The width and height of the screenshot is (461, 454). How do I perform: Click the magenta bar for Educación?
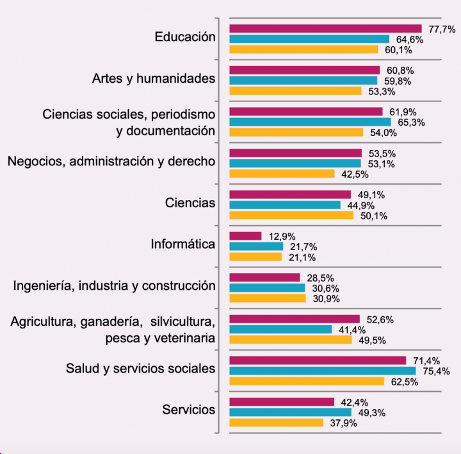point(325,28)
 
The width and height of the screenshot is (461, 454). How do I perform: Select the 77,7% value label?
point(442,29)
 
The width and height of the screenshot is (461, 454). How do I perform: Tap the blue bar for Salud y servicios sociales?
point(322,371)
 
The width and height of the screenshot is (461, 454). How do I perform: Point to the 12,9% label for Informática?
point(282,236)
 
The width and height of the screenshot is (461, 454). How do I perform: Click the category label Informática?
point(183,244)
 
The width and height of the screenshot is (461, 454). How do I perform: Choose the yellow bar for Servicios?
point(276,423)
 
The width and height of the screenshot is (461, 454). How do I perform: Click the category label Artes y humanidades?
point(154,78)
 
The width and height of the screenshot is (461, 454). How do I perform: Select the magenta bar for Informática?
point(245,236)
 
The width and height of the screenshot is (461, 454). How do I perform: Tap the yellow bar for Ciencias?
point(291,215)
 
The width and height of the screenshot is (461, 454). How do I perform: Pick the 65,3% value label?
point(411,122)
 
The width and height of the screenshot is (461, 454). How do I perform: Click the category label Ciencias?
point(190,203)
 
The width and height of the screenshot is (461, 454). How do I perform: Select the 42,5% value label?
point(355,174)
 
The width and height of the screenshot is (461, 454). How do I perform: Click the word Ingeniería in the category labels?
point(42,286)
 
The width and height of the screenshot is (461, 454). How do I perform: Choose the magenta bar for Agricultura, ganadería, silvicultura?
point(295,319)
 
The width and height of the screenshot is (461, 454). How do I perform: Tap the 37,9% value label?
point(343,423)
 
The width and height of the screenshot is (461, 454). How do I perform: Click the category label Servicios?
point(189,410)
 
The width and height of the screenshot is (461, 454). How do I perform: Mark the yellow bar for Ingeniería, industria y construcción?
point(267,298)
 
